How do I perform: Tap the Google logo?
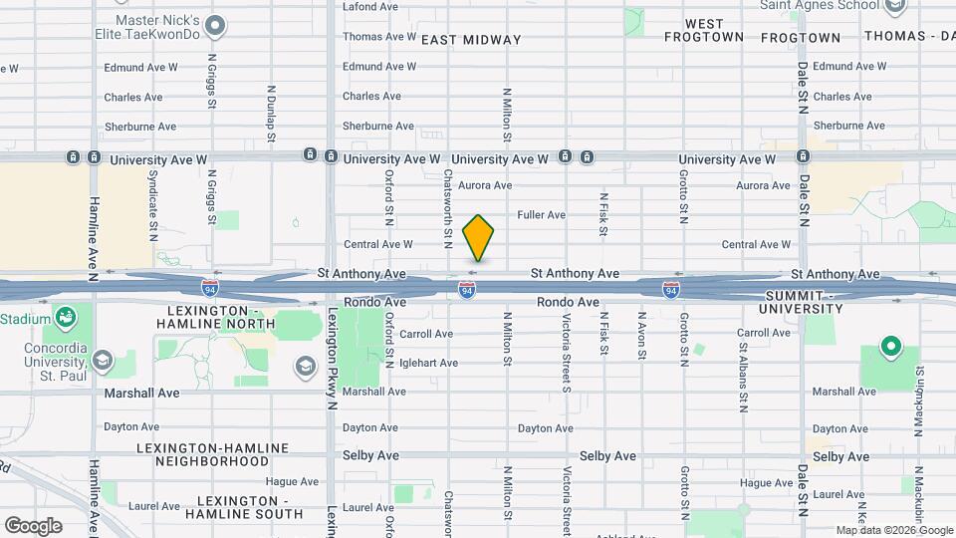click(x=33, y=525)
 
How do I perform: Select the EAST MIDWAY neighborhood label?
click(x=471, y=40)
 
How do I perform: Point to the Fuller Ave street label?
click(x=542, y=215)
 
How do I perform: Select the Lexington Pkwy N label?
click(x=330, y=359)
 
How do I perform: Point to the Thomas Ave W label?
click(x=378, y=37)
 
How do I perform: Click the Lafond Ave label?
click(x=369, y=6)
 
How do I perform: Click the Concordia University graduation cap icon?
click(x=102, y=360)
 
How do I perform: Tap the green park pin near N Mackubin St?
click(x=890, y=349)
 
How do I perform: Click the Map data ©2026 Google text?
click(x=894, y=530)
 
